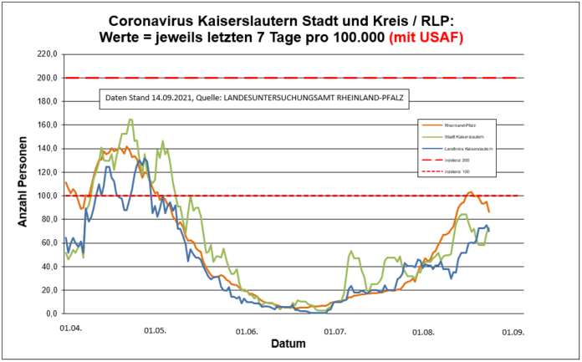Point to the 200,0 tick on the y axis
click(x=45, y=78)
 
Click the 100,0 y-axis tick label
click(x=45, y=196)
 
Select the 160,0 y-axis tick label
click(x=45, y=125)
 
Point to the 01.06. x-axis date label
click(x=247, y=331)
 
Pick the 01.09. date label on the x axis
click(x=513, y=331)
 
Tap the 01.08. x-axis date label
click(x=424, y=331)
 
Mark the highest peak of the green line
click(x=131, y=120)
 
